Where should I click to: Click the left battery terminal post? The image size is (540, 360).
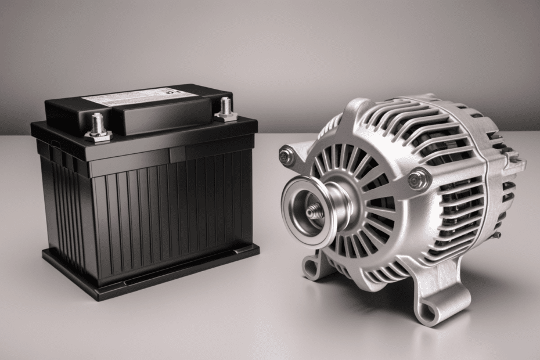click(97, 124)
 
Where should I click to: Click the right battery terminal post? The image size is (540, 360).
click(225, 107)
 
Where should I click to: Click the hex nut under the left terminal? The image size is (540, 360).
click(98, 135)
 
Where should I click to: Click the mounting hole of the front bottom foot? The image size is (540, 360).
click(428, 313)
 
